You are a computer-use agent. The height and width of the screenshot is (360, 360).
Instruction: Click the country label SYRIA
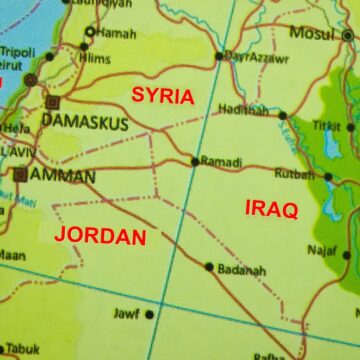163,96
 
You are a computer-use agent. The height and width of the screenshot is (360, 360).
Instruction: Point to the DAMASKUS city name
85,123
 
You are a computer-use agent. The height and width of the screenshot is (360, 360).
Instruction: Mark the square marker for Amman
20,174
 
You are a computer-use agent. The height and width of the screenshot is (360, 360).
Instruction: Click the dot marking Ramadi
194,160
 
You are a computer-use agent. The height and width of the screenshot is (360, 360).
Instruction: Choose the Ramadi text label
221,161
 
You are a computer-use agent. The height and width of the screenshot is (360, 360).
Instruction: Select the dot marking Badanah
209,267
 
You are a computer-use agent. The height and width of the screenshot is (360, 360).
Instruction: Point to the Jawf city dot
149,314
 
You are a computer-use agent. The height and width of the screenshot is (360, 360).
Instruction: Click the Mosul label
309,33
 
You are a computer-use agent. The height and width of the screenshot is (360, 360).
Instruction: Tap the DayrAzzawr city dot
219,56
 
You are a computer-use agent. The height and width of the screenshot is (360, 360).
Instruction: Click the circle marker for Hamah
89,32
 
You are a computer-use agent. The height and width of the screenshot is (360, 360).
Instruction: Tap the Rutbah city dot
329,177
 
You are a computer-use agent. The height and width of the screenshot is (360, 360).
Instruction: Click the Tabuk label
25,350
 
